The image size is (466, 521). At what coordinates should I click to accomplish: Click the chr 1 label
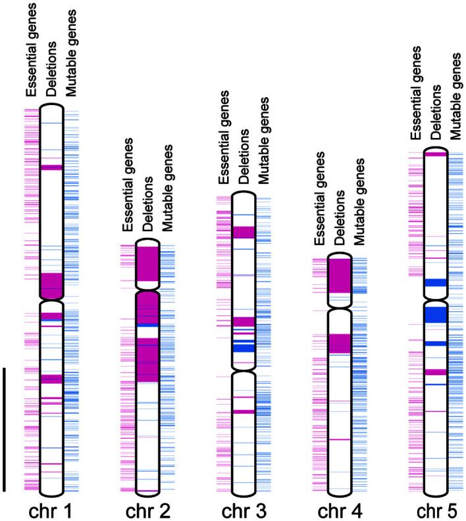tap(51, 510)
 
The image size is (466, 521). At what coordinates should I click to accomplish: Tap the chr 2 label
tap(147, 510)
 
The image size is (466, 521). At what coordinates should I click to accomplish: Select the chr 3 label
tap(243, 510)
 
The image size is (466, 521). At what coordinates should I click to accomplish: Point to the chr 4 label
tap(339, 510)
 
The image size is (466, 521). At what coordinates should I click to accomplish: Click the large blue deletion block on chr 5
tap(435, 315)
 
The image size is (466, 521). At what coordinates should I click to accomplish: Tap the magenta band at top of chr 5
tap(435, 154)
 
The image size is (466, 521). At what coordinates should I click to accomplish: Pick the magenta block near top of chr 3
tap(243, 232)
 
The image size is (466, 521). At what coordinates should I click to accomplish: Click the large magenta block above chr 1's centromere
tap(51, 284)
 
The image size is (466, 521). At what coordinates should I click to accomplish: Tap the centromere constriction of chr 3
tap(243, 369)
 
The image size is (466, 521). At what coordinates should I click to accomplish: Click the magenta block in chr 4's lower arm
tap(339, 343)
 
